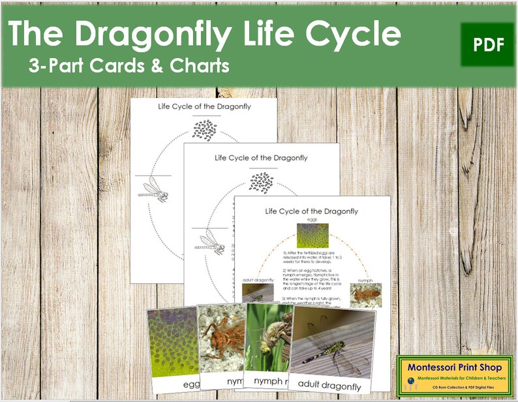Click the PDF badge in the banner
point(487,44)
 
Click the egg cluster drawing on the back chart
point(204,130)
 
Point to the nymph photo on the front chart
point(365,294)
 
